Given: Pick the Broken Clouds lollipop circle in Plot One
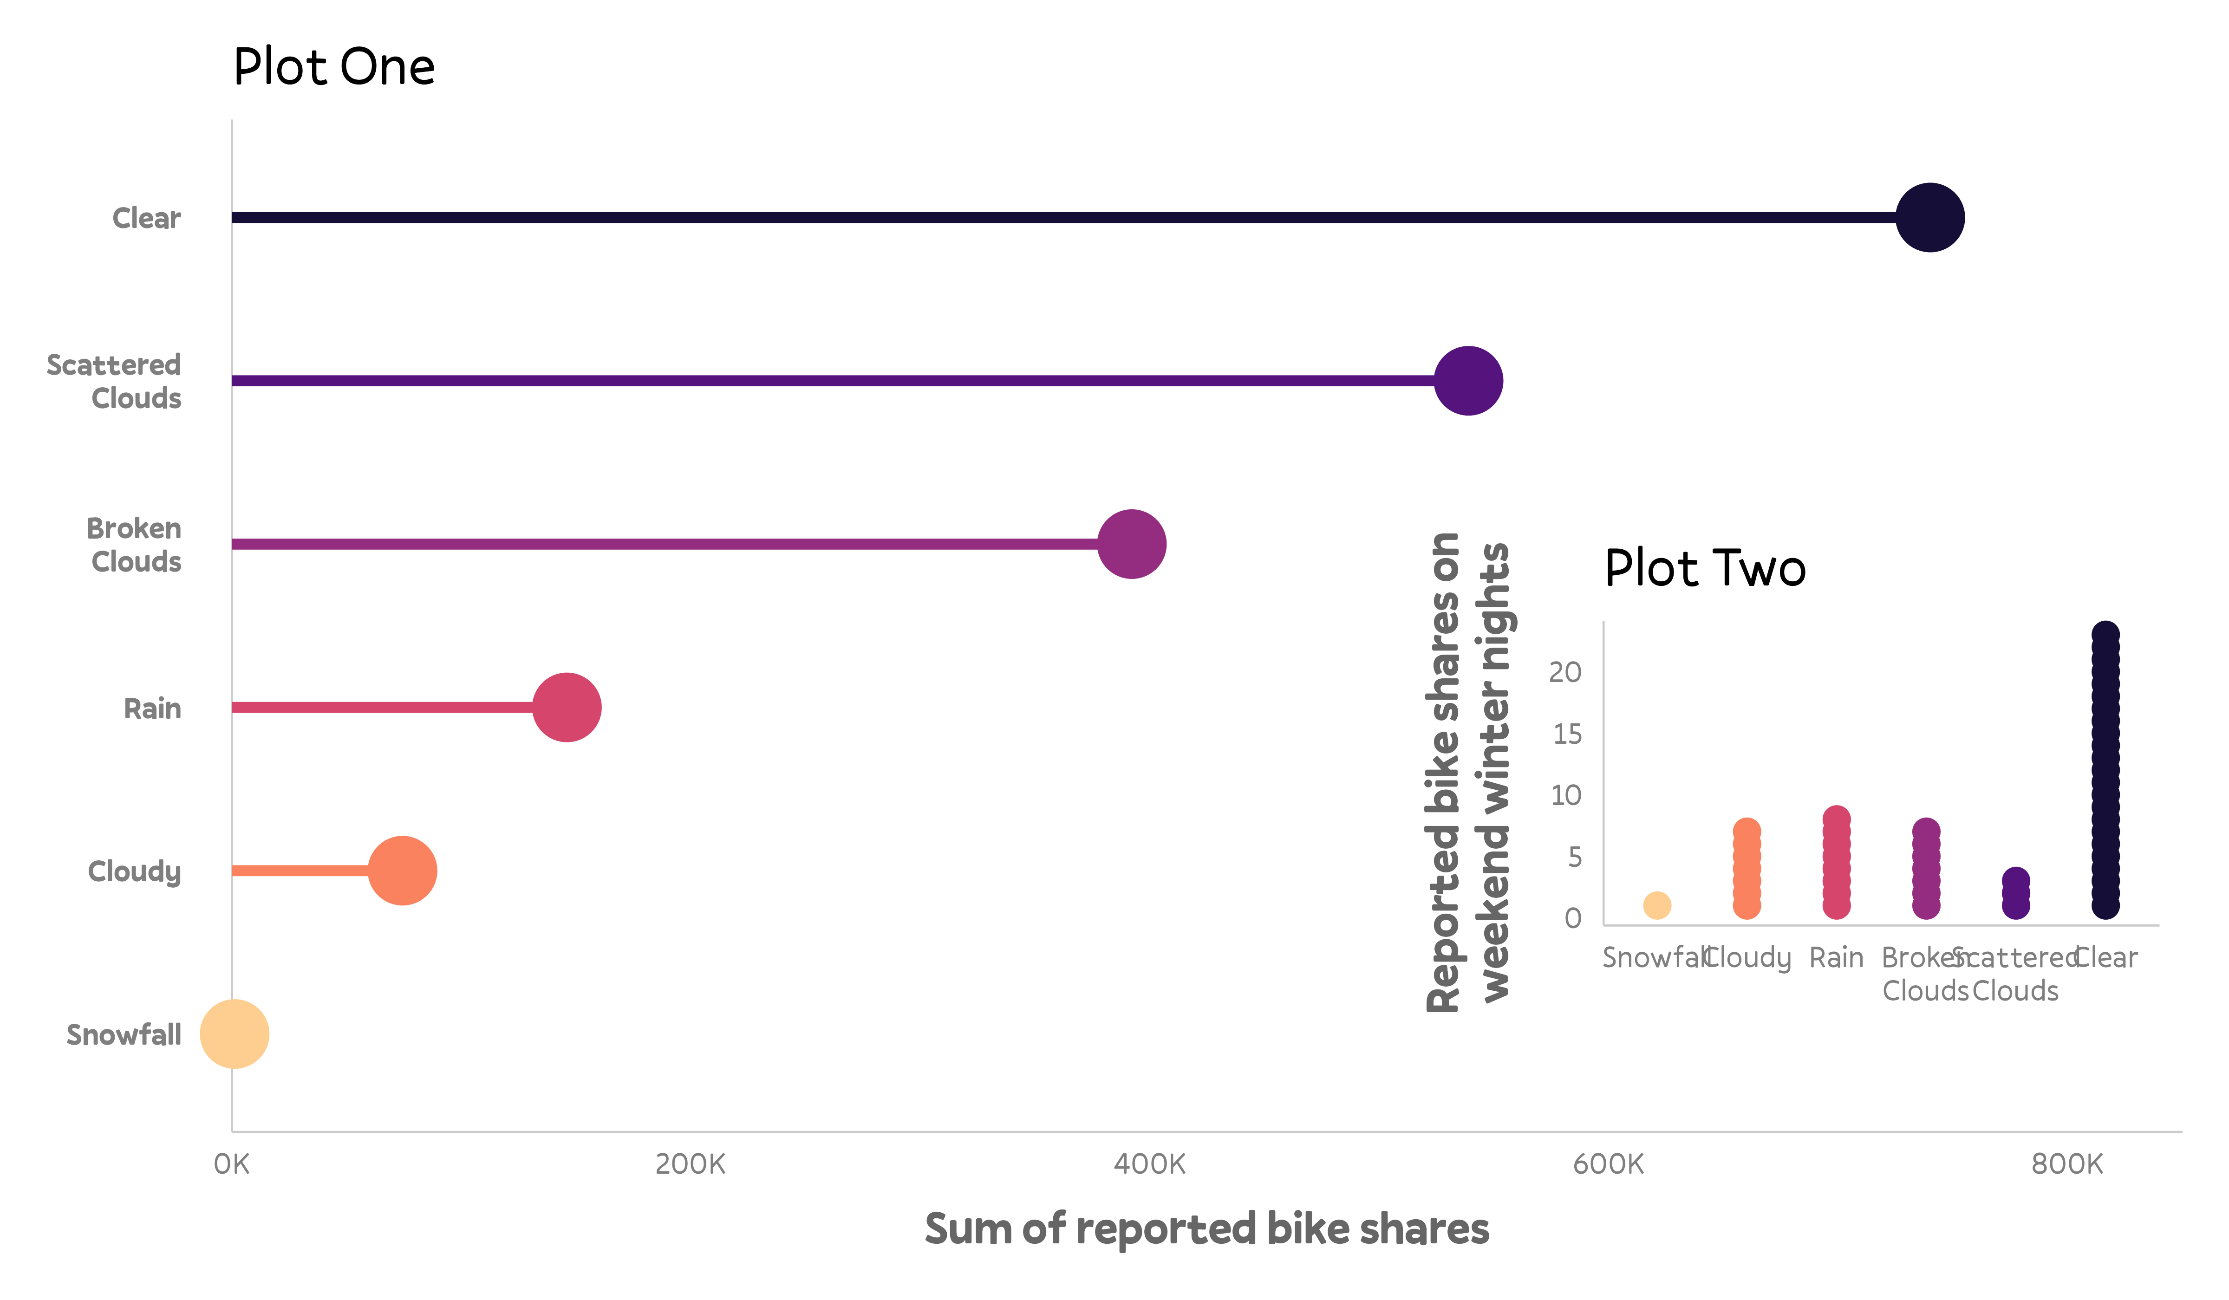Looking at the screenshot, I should point(1131,544).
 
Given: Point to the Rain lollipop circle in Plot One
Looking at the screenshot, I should point(566,708).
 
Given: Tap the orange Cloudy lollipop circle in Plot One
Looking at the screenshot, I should point(403,871).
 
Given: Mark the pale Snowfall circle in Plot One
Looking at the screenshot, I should point(235,1034).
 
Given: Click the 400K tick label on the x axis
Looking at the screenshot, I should point(1149,1164).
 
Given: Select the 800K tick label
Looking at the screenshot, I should point(2066,1164).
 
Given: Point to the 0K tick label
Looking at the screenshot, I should point(232,1164).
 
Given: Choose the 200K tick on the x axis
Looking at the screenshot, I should point(690,1164).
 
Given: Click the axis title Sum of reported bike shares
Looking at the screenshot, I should point(1206,1229).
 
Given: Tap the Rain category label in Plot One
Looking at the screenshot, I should point(152,708).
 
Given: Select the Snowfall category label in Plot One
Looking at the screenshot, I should point(124,1035).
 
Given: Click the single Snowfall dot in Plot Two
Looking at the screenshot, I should point(1657,905).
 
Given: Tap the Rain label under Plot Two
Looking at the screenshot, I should point(1836,958).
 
